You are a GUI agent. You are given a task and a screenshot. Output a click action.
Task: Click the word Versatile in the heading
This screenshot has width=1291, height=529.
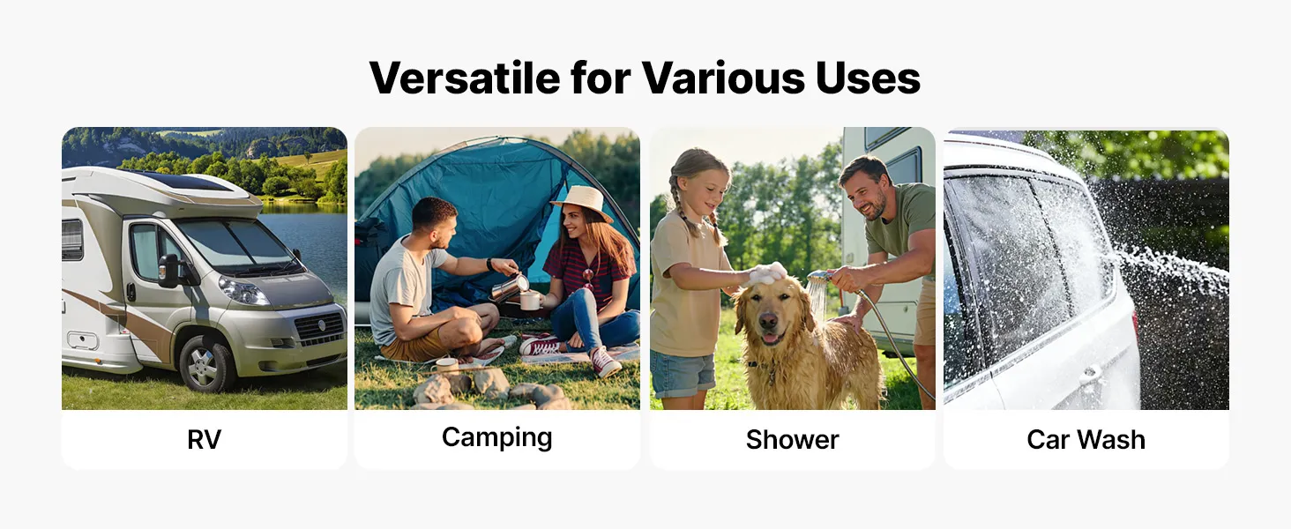[465, 78]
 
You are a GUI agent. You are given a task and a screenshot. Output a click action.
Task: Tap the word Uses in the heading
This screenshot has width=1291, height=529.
[868, 78]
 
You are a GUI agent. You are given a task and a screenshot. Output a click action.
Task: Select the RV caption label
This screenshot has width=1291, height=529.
[204, 440]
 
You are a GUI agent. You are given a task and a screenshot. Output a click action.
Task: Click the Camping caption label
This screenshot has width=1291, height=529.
[496, 438]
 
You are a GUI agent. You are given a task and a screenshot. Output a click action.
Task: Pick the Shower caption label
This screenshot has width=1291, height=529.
[793, 440]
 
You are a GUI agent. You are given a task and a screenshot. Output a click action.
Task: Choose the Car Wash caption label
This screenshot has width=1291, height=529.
[1086, 440]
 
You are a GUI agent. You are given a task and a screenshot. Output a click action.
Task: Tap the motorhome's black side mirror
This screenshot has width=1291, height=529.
[168, 271]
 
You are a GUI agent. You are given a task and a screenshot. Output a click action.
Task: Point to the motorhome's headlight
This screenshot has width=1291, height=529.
[243, 290]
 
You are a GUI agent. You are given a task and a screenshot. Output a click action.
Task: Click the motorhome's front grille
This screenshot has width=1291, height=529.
[320, 329]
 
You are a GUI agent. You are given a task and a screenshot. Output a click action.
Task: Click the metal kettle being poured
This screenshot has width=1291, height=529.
[509, 288]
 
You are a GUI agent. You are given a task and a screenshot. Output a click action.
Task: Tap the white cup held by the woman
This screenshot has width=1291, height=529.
[530, 301]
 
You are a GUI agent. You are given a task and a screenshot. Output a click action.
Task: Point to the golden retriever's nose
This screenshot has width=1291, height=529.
[768, 321]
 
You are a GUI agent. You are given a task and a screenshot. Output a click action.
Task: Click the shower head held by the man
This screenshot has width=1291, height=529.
[817, 277]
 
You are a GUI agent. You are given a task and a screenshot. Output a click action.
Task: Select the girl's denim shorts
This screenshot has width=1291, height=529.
[683, 374]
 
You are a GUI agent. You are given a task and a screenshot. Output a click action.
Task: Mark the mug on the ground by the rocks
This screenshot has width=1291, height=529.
[447, 366]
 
